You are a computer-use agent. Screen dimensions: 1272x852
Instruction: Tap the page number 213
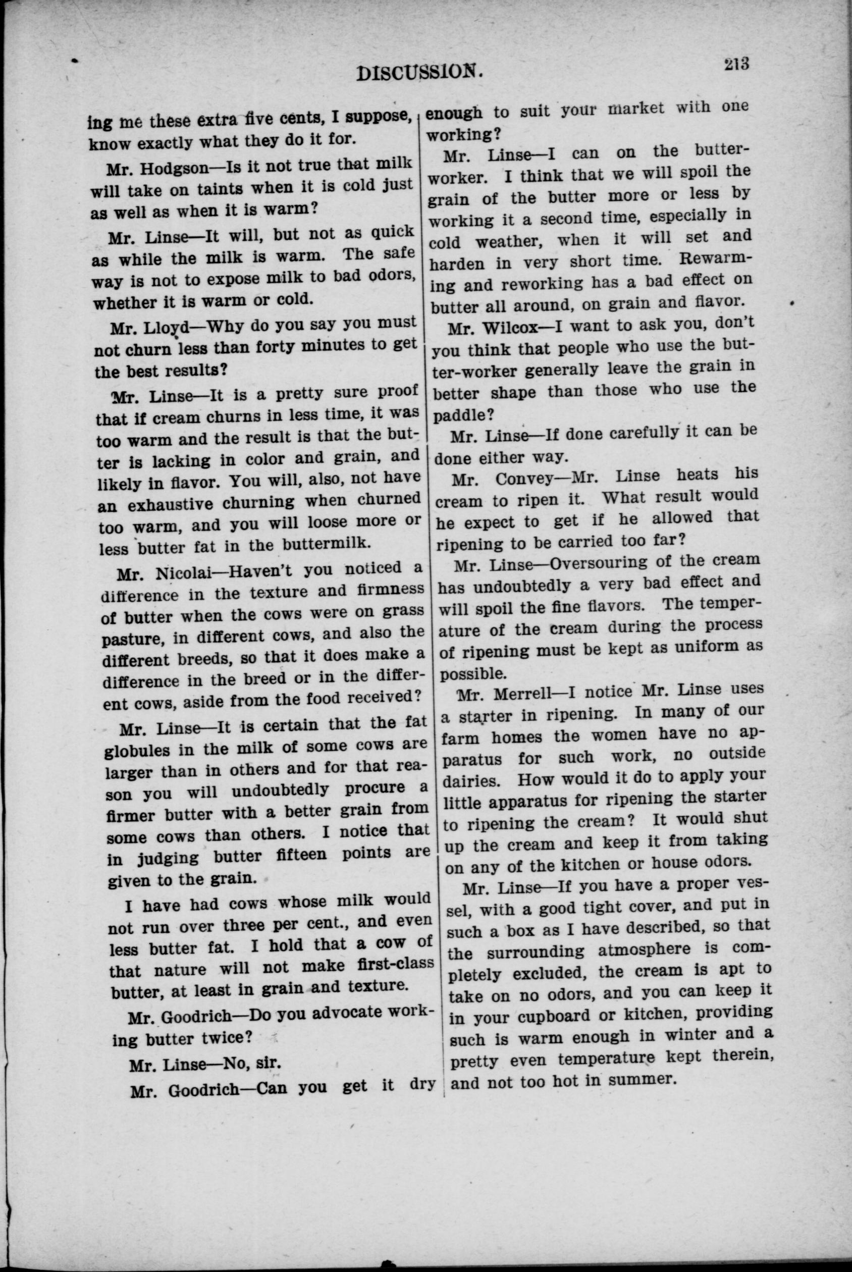736,64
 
